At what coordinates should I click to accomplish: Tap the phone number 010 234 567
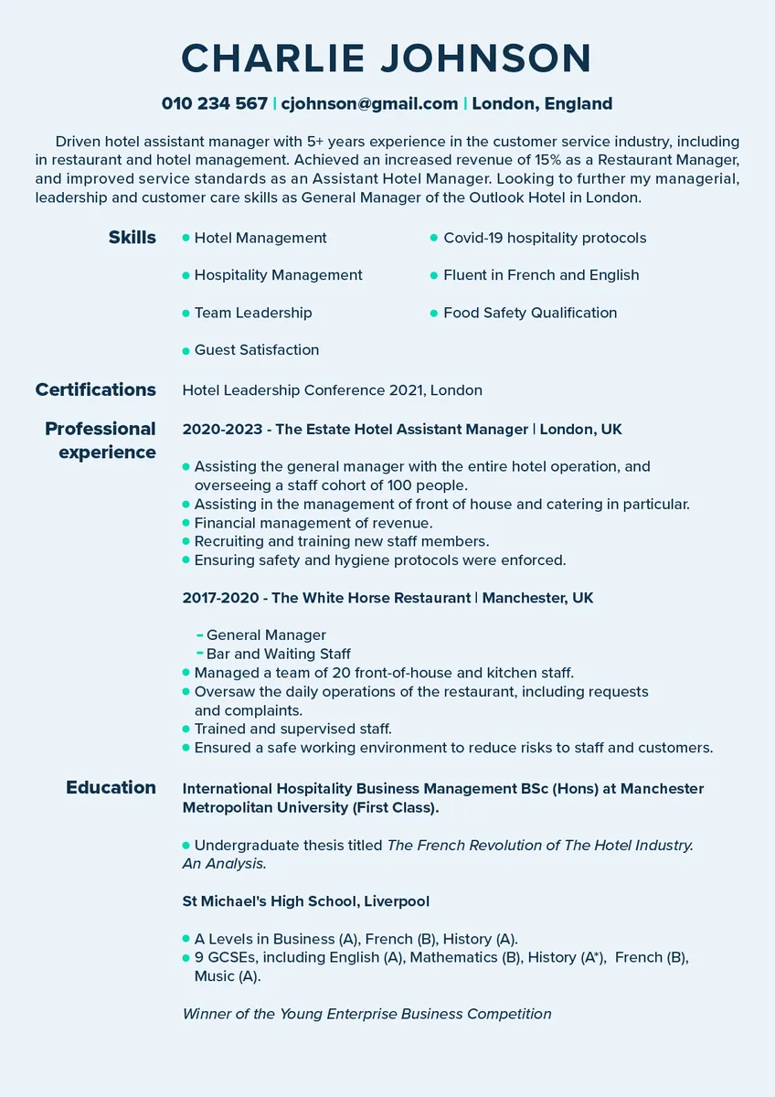pos(215,103)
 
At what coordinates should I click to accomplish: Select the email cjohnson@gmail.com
pos(369,103)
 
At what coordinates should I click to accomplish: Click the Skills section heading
pos(133,238)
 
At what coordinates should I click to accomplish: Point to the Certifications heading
pos(96,389)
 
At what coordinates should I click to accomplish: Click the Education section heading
pos(111,787)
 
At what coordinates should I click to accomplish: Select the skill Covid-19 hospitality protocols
pos(545,238)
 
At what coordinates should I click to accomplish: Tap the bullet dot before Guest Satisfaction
pos(186,350)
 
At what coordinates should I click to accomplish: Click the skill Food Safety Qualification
pos(530,313)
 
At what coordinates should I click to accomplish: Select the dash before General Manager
pos(200,634)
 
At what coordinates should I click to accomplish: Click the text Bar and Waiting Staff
pos(279,654)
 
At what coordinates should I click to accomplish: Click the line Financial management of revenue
pos(313,523)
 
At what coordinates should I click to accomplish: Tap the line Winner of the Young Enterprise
pos(366,1013)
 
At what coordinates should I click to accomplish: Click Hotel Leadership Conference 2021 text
pos(303,390)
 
